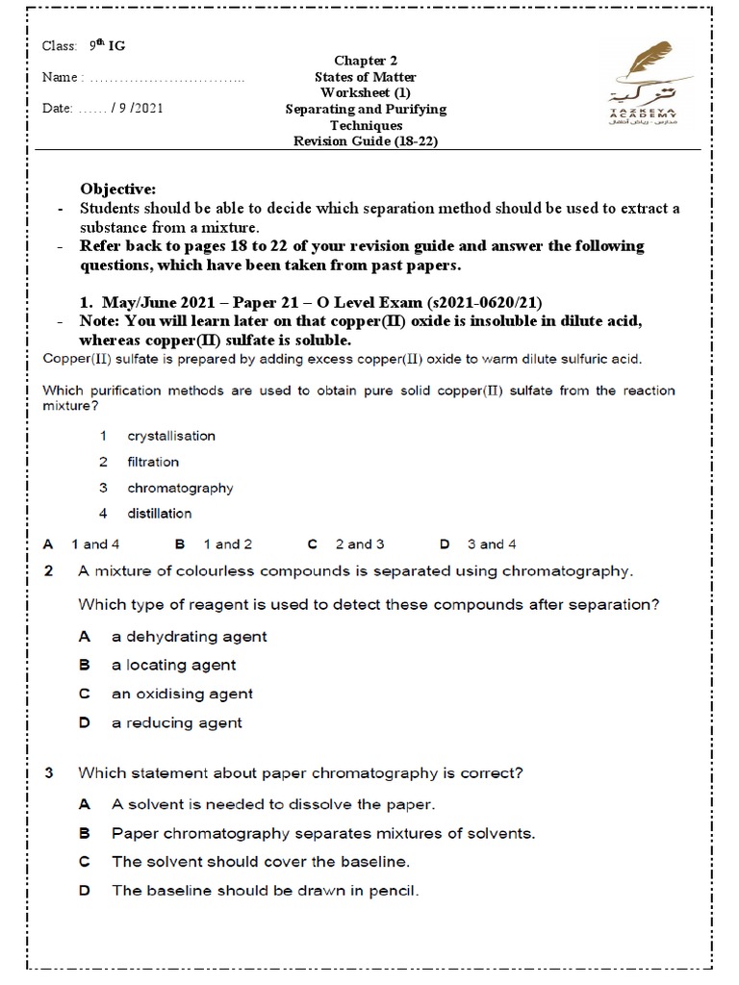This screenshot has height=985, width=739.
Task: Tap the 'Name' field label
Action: click(x=63, y=78)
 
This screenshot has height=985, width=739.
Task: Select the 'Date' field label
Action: click(x=58, y=108)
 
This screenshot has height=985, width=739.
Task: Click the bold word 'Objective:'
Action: click(x=117, y=189)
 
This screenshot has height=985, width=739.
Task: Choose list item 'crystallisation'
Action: click(x=171, y=436)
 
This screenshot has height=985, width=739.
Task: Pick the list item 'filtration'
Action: click(x=153, y=462)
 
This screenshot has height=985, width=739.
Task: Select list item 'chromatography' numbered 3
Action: click(x=180, y=488)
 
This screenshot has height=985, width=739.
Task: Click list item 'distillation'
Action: click(x=160, y=514)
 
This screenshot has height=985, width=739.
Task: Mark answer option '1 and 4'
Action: click(x=101, y=544)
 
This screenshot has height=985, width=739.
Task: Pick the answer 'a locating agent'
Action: click(x=173, y=665)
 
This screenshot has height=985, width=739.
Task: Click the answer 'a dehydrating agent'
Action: click(x=189, y=636)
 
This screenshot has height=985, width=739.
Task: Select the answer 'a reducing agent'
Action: click(x=176, y=722)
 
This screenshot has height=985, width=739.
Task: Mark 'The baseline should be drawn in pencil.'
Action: click(x=266, y=890)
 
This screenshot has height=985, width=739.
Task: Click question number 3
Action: click(x=49, y=772)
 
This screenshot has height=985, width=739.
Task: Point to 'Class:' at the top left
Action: click(x=59, y=46)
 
